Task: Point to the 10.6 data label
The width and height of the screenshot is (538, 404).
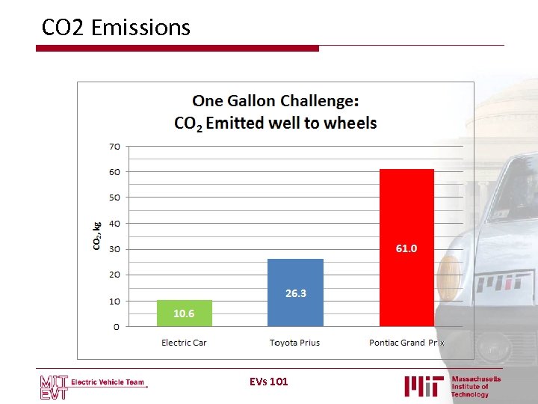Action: tap(184, 313)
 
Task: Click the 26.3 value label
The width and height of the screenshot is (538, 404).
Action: tap(296, 293)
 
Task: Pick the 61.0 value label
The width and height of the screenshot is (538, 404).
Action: tap(406, 248)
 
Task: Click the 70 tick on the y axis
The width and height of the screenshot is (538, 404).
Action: tap(114, 147)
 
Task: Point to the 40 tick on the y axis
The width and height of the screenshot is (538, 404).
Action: tap(114, 224)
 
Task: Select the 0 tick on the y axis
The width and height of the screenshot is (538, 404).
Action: tap(117, 327)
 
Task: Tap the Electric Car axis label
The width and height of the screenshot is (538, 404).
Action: tap(184, 343)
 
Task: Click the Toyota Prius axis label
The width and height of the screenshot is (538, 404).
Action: tap(294, 343)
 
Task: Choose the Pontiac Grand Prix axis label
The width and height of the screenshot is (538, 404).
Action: tap(406, 343)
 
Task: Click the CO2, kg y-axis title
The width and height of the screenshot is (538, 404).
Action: tap(96, 236)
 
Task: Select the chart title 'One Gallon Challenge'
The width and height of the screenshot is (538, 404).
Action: tap(276, 100)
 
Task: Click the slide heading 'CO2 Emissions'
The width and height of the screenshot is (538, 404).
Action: tap(116, 28)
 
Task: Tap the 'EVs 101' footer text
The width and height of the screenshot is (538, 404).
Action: tap(269, 382)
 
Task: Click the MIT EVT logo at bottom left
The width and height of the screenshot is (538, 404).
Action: tap(54, 385)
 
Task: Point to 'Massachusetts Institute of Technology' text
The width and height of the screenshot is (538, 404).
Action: tap(475, 387)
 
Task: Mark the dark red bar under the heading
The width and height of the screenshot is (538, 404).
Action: tap(177, 49)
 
